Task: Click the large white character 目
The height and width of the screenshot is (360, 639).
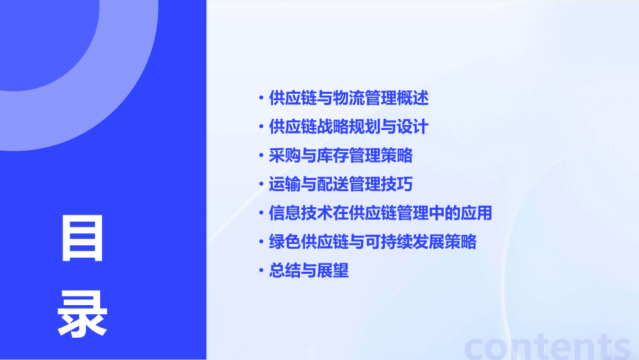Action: [x=83, y=238]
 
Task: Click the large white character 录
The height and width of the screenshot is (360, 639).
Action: [x=83, y=313]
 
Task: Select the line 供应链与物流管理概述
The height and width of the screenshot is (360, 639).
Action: [x=348, y=98]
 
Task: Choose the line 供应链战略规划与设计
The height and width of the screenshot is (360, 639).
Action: [x=348, y=127]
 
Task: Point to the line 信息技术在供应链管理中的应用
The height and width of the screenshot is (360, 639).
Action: [x=380, y=213]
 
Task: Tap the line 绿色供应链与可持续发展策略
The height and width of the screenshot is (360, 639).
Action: [x=372, y=242]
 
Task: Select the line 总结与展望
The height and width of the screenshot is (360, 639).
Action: [x=308, y=270]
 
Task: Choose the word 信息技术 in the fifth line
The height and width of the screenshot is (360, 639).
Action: [x=300, y=213]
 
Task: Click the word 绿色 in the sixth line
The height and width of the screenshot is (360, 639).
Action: [x=284, y=242]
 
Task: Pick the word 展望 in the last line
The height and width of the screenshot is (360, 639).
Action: [x=333, y=270]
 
